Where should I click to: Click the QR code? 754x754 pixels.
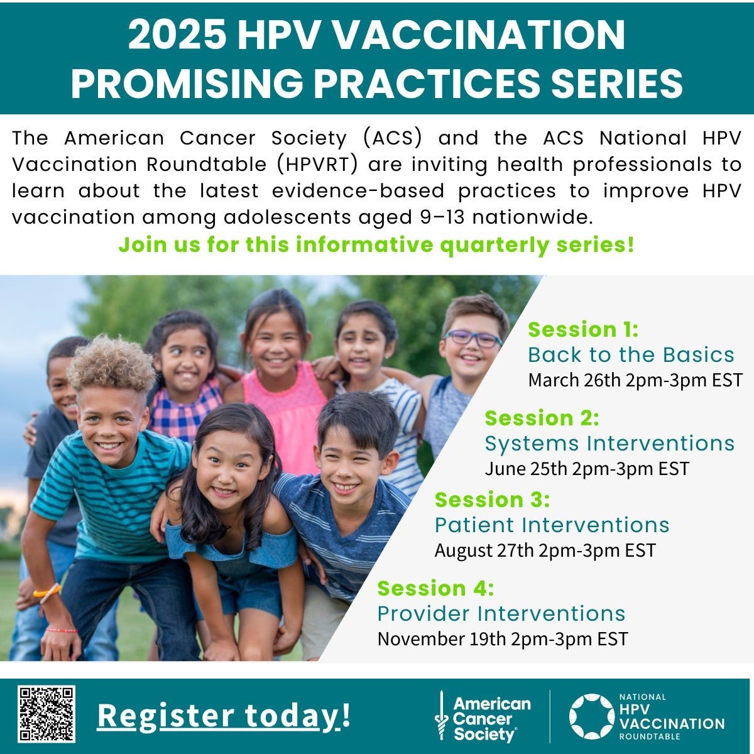pyautogui.click(x=46, y=714)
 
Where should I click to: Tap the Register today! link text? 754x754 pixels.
pyautogui.click(x=224, y=716)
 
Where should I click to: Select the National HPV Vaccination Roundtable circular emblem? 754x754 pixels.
pyautogui.click(x=591, y=716)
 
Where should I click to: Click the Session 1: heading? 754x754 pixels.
pyautogui.click(x=583, y=329)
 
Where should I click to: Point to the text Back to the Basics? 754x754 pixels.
pyautogui.click(x=631, y=355)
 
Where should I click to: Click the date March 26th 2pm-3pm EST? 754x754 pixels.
pyautogui.click(x=635, y=380)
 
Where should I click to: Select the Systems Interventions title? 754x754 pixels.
pyautogui.click(x=609, y=444)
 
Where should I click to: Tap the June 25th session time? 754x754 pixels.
pyautogui.click(x=587, y=469)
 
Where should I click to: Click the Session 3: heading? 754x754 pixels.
pyautogui.click(x=492, y=500)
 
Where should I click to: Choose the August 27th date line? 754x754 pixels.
pyautogui.click(x=545, y=550)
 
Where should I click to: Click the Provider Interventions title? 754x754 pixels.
pyautogui.click(x=501, y=613)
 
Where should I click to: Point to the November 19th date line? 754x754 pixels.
pyautogui.click(x=503, y=639)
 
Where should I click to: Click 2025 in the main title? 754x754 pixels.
pyautogui.click(x=177, y=35)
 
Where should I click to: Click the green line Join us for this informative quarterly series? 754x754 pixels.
pyautogui.click(x=376, y=246)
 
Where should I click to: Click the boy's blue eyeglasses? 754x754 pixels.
pyautogui.click(x=473, y=338)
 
